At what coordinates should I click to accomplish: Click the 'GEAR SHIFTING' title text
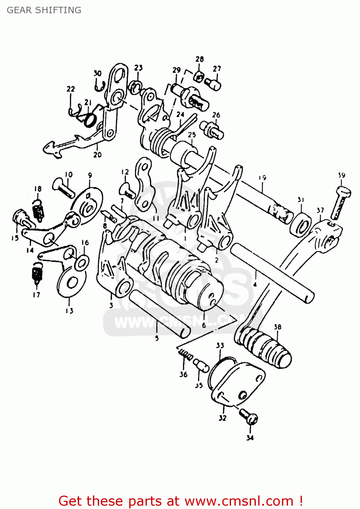(x=44, y=10)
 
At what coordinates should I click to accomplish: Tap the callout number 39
(x=341, y=175)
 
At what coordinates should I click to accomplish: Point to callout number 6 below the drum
(x=204, y=325)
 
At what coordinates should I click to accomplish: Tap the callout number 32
(x=222, y=418)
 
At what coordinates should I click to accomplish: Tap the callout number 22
(x=71, y=89)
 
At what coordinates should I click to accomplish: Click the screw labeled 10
(x=63, y=188)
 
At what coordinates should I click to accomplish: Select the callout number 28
(x=200, y=59)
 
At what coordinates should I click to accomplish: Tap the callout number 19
(x=262, y=177)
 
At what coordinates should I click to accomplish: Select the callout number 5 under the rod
(x=157, y=338)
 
